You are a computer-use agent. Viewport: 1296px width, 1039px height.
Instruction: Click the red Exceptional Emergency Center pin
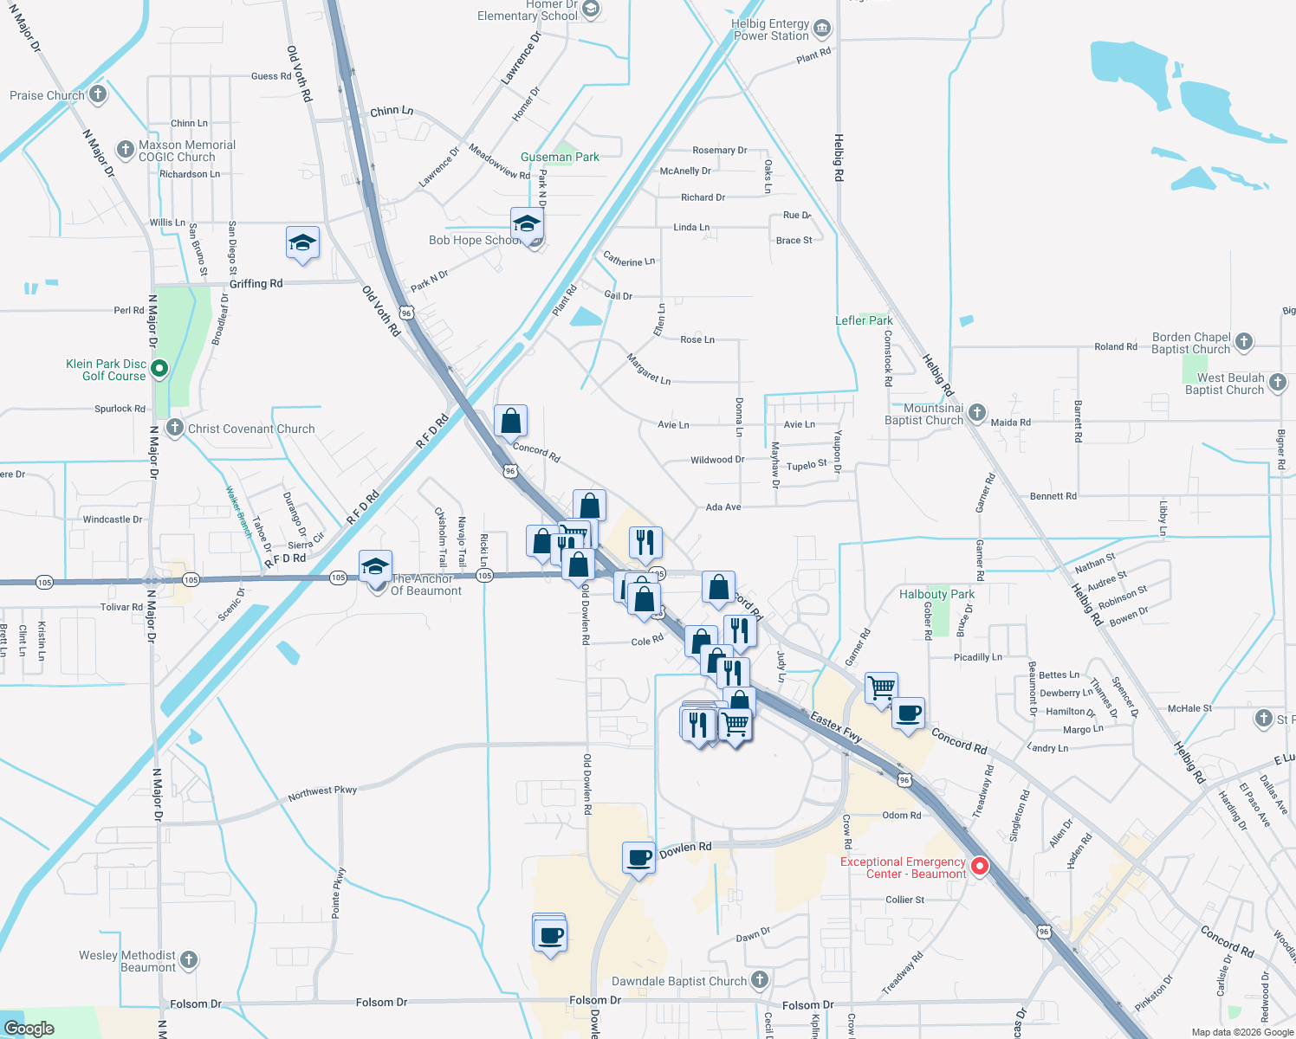click(x=980, y=866)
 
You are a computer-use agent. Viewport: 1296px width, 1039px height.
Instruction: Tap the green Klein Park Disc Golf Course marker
click(x=159, y=370)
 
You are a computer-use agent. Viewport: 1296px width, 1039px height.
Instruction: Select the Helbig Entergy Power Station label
click(x=771, y=30)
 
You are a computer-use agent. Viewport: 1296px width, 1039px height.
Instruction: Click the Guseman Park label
click(x=560, y=157)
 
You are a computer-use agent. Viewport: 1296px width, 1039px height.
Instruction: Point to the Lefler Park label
click(x=864, y=320)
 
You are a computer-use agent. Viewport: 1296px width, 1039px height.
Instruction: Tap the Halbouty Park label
click(x=936, y=594)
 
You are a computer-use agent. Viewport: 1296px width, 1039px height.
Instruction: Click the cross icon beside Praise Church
click(x=98, y=94)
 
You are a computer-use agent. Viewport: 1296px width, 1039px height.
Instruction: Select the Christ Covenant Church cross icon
click(x=175, y=428)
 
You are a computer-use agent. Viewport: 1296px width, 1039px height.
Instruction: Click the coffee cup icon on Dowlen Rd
click(x=639, y=857)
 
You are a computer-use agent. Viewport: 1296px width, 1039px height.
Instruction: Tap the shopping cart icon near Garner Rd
click(x=881, y=687)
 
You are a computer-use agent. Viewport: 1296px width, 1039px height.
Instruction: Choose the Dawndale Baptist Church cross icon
click(x=760, y=980)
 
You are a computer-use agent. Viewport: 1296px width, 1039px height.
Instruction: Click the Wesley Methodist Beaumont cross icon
click(x=189, y=959)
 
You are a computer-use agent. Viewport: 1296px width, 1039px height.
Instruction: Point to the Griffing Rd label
click(x=256, y=284)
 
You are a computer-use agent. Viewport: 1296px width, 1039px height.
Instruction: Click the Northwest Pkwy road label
click(x=322, y=791)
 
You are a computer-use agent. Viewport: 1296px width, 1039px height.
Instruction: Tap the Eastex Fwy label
click(x=836, y=727)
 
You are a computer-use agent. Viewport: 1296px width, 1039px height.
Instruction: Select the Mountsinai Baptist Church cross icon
click(x=977, y=413)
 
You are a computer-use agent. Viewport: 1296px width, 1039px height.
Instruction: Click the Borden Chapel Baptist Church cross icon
click(x=1244, y=342)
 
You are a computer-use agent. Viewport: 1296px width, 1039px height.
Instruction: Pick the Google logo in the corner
click(x=29, y=1029)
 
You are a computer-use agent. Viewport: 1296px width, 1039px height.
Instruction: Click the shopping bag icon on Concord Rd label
click(x=511, y=421)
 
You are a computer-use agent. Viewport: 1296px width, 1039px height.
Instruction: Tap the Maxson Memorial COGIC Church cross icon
click(x=126, y=150)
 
